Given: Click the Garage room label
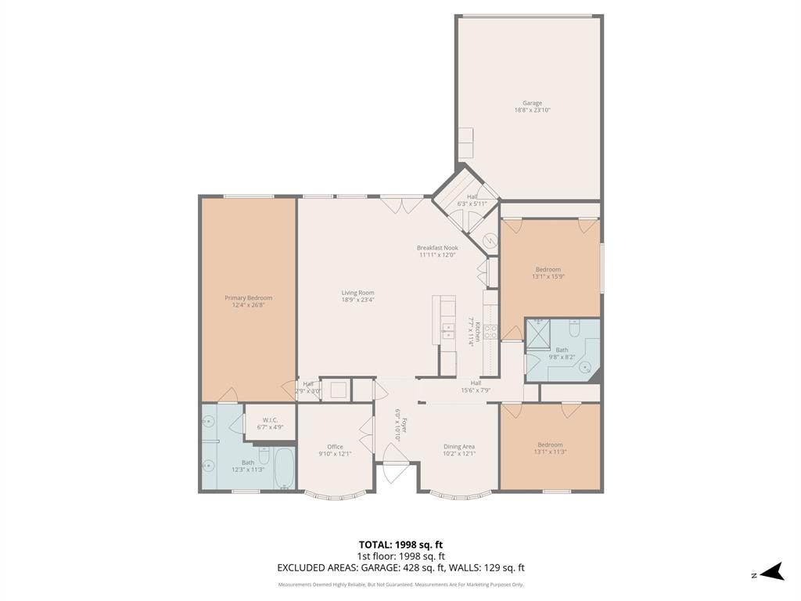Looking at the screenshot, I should (x=532, y=103).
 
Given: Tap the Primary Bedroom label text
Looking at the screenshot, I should (x=248, y=298).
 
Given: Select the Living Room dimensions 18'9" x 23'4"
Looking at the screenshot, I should (x=357, y=300).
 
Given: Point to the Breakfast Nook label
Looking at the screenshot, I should (x=437, y=248).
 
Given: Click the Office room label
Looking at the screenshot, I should (x=335, y=447).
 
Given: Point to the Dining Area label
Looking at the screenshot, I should (x=458, y=447).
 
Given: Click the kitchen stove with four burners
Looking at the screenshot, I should (x=491, y=331).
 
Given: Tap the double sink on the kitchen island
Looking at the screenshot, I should (x=447, y=331).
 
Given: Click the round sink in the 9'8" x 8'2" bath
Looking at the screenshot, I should (x=584, y=365).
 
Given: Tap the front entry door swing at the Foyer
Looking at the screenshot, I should (x=394, y=462).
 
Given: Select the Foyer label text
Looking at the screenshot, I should (x=398, y=425).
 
